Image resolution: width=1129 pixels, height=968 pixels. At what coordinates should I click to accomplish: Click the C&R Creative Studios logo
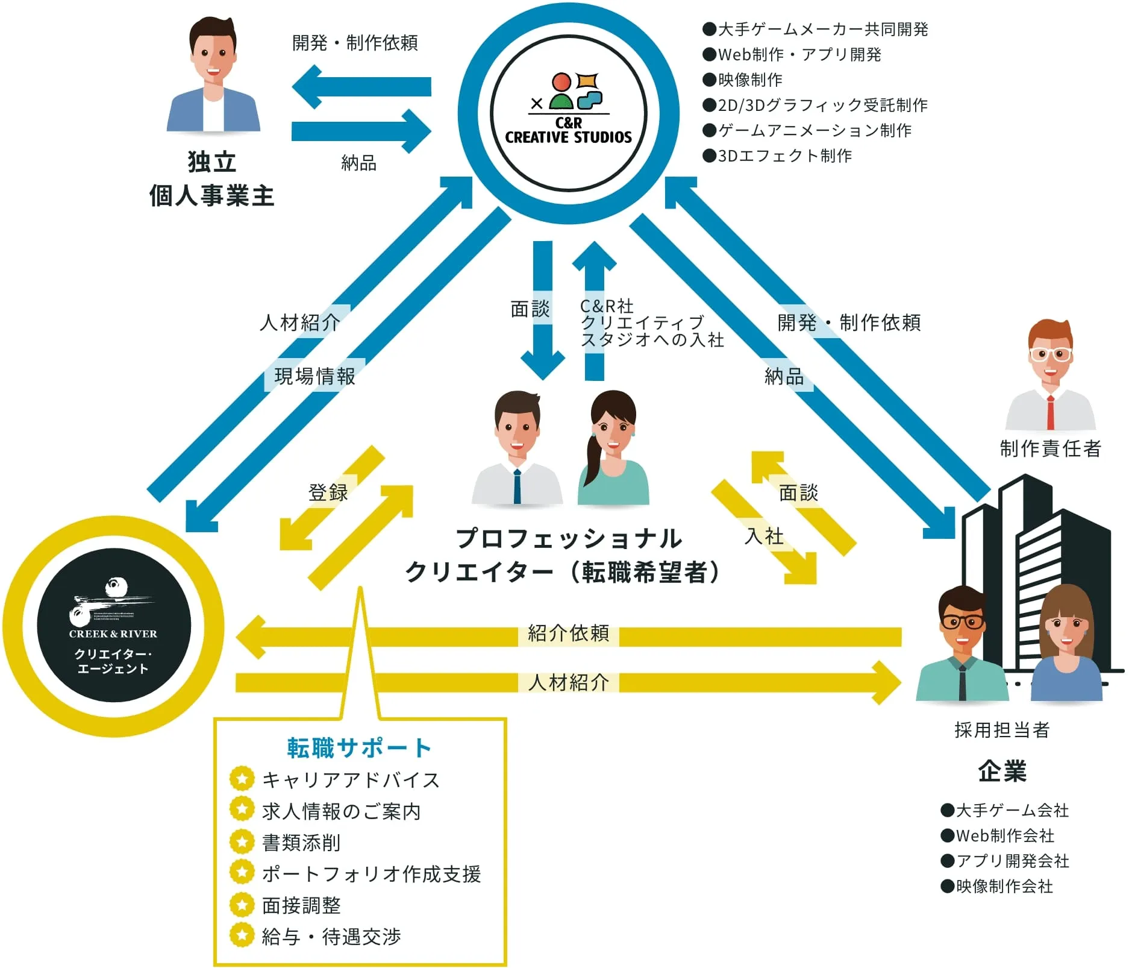tap(568, 111)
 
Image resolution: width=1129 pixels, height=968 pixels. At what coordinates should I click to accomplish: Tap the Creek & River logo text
tap(113, 633)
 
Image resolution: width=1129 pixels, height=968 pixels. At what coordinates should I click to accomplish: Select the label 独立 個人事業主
tap(211, 179)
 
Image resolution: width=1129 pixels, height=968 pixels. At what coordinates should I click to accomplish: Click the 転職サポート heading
tap(360, 747)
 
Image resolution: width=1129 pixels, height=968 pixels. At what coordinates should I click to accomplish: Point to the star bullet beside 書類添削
tap(242, 841)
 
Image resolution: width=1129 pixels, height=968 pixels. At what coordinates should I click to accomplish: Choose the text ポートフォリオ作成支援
tap(371, 873)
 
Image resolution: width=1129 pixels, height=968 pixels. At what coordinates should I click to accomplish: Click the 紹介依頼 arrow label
tap(568, 633)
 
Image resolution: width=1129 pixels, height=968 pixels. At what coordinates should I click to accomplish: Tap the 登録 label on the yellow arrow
tap(328, 492)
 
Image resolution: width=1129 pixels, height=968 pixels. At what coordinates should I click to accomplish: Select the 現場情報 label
tap(314, 376)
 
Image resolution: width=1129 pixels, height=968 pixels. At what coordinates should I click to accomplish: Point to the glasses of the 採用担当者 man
tap(963, 621)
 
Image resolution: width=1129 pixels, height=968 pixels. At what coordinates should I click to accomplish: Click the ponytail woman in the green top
tap(613, 449)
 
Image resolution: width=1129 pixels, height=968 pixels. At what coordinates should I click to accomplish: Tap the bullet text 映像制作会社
tap(1004, 886)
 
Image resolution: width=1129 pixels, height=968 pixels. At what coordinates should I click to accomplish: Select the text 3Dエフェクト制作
tap(784, 156)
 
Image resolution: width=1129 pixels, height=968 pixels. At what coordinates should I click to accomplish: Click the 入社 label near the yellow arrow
tap(764, 535)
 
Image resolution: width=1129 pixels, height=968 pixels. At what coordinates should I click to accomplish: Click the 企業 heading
tap(1002, 771)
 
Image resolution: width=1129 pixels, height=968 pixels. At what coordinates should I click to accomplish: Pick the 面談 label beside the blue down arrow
tap(530, 309)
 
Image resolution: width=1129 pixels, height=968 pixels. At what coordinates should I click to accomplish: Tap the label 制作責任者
tap(1050, 448)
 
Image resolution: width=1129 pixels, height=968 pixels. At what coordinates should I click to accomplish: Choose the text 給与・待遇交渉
tap(331, 936)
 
